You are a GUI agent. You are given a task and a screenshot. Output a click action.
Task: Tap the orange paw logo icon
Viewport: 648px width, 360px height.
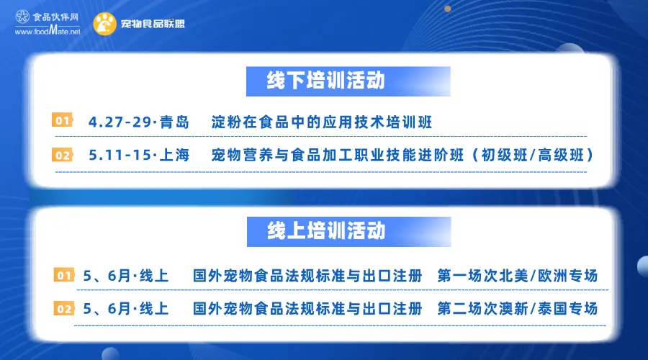coord(105,24)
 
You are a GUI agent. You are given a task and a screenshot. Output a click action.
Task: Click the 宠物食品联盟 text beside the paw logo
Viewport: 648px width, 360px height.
coord(153,24)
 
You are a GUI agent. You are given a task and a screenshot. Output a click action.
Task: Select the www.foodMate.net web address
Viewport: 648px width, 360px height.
coord(47,32)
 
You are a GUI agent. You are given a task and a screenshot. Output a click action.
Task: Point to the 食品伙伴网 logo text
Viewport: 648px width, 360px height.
coord(55,17)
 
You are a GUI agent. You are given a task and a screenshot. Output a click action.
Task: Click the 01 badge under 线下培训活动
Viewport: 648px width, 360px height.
coord(63,121)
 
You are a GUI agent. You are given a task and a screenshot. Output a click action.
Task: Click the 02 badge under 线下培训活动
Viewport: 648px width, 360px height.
coord(63,156)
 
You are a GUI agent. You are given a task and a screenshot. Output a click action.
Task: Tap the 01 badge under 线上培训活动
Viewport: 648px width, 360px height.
coord(64,276)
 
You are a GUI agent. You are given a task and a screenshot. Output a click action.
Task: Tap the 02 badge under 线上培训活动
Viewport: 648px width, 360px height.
coord(64,310)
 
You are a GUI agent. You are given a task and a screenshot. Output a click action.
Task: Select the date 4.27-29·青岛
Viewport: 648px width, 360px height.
coord(138,122)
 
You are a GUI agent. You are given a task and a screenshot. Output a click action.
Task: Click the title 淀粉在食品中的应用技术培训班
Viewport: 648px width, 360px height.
coord(322,122)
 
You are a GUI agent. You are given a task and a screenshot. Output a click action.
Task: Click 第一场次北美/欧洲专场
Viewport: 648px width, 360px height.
coord(517,276)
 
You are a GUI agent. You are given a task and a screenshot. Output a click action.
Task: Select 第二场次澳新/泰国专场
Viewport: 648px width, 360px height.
coord(517,310)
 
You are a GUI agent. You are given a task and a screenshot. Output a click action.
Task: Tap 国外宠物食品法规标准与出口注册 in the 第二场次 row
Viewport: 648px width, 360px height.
coord(307,310)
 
